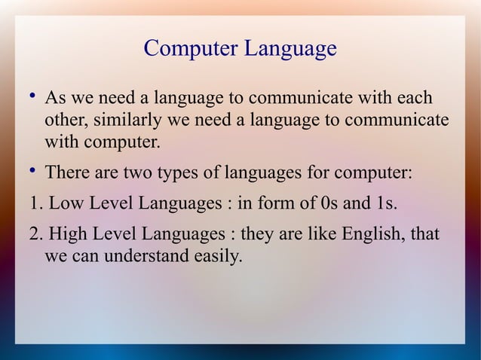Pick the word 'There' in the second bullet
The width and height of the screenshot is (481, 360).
coord(68,172)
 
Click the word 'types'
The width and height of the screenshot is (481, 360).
coord(179,173)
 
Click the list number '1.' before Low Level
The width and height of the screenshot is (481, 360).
coord(35,203)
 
